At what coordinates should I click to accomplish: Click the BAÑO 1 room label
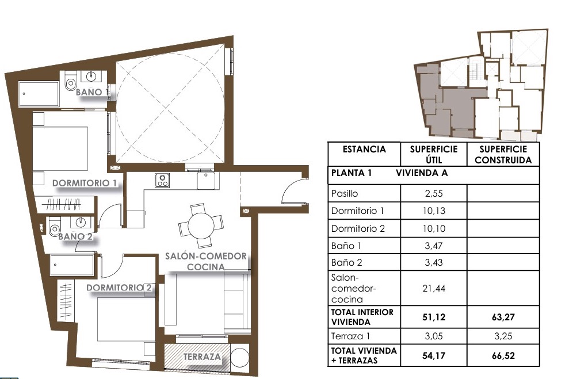92,92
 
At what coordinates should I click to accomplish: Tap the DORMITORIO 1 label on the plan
85,183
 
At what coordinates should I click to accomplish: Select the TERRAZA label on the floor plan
202,357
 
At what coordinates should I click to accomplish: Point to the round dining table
201,225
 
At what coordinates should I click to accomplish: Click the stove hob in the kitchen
162,180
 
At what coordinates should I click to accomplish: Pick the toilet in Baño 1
70,82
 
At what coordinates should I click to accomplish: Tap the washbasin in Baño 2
81,221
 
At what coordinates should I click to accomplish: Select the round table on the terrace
239,358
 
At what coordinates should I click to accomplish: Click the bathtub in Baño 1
39,94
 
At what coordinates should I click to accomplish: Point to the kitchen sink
206,181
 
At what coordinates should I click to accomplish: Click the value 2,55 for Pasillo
434,194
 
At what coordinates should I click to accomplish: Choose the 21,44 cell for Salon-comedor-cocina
434,288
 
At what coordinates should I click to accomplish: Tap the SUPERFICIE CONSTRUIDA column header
503,155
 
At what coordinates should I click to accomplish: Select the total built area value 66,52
503,356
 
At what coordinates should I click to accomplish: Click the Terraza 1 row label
350,336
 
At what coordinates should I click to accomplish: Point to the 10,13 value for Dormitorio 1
434,210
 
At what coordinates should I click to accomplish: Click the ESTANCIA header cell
364,149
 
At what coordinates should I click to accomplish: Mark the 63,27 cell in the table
503,317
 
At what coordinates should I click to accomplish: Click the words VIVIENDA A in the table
422,173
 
